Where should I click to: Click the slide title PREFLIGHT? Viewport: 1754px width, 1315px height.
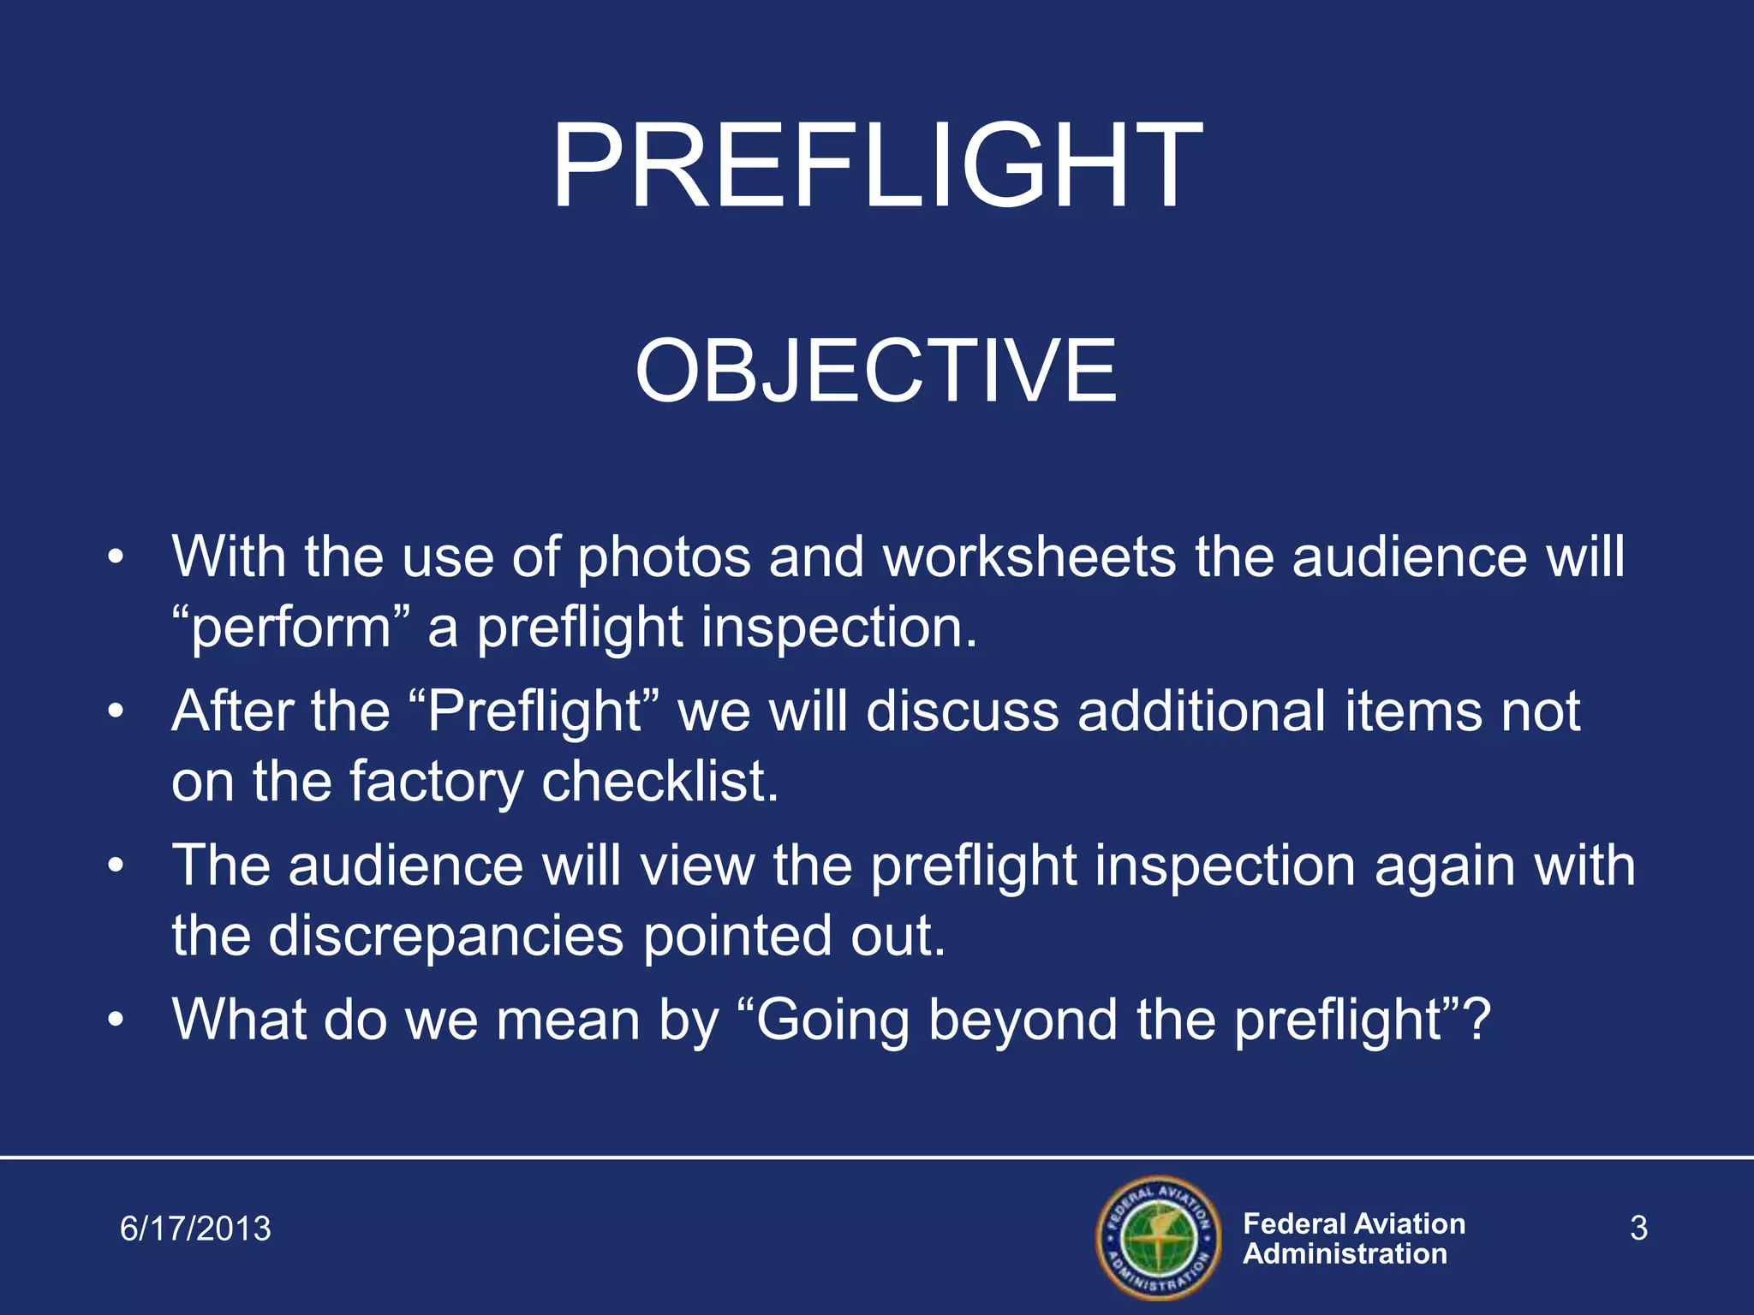[876, 165]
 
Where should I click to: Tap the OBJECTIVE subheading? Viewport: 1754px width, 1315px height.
[876, 371]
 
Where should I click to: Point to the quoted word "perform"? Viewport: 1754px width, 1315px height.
[291, 628]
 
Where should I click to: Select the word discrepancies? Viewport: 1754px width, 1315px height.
[445, 935]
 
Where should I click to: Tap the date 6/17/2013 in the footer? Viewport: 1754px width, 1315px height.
[195, 1229]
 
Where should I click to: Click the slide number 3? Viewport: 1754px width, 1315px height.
[1638, 1229]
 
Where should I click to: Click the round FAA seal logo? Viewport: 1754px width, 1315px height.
[1158, 1238]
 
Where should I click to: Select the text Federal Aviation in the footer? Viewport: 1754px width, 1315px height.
[1353, 1223]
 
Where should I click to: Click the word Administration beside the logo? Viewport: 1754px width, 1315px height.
[1345, 1254]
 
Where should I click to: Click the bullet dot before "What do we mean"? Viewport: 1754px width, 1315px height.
[116, 1020]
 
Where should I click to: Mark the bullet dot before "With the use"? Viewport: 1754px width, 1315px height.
[116, 558]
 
